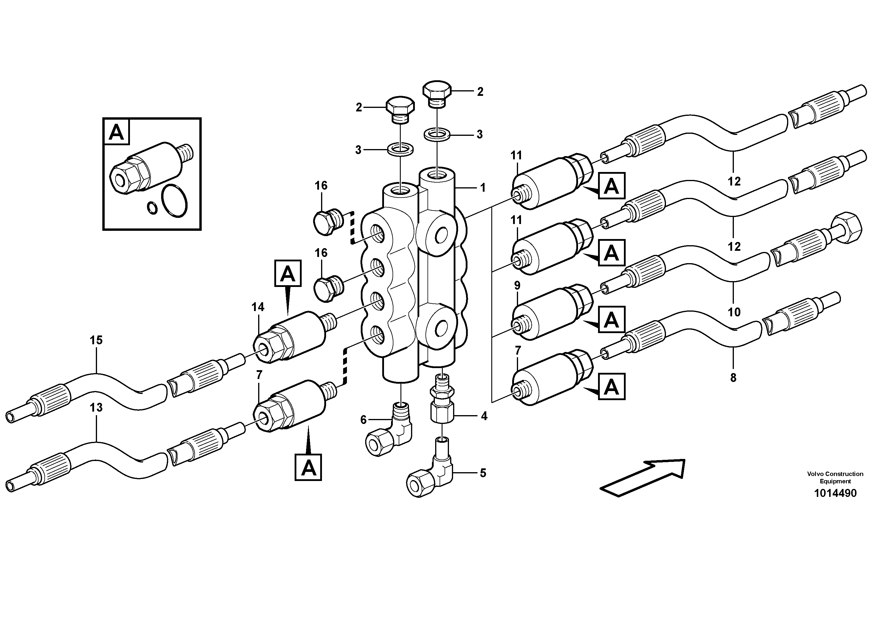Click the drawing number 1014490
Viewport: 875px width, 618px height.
(x=835, y=493)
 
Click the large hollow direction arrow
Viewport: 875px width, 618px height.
(x=642, y=478)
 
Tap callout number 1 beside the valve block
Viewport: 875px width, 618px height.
(x=483, y=188)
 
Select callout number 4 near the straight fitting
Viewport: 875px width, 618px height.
(x=484, y=416)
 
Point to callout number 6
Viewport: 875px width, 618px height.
(x=363, y=420)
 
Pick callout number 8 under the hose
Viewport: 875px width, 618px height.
(x=733, y=378)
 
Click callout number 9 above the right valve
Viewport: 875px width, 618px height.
(x=517, y=285)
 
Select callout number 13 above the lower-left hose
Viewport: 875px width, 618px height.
(x=96, y=408)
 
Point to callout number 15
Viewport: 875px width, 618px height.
(x=96, y=340)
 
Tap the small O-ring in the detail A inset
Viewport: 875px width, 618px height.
(x=152, y=208)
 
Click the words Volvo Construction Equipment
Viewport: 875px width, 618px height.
(x=835, y=477)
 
